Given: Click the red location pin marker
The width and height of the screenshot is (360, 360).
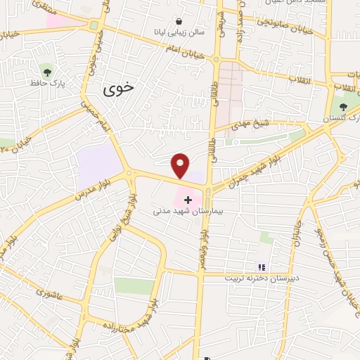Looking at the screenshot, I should tap(181, 165).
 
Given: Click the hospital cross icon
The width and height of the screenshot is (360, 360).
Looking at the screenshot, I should tap(188, 200).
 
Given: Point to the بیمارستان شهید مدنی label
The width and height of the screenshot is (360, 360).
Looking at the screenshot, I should tap(187, 211).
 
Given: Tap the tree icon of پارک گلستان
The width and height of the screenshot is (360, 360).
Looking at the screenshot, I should tap(343, 107).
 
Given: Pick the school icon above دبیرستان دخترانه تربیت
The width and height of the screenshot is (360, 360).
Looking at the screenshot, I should tap(262, 267).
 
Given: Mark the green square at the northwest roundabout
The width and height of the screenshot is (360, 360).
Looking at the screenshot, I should tap(94, 25).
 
